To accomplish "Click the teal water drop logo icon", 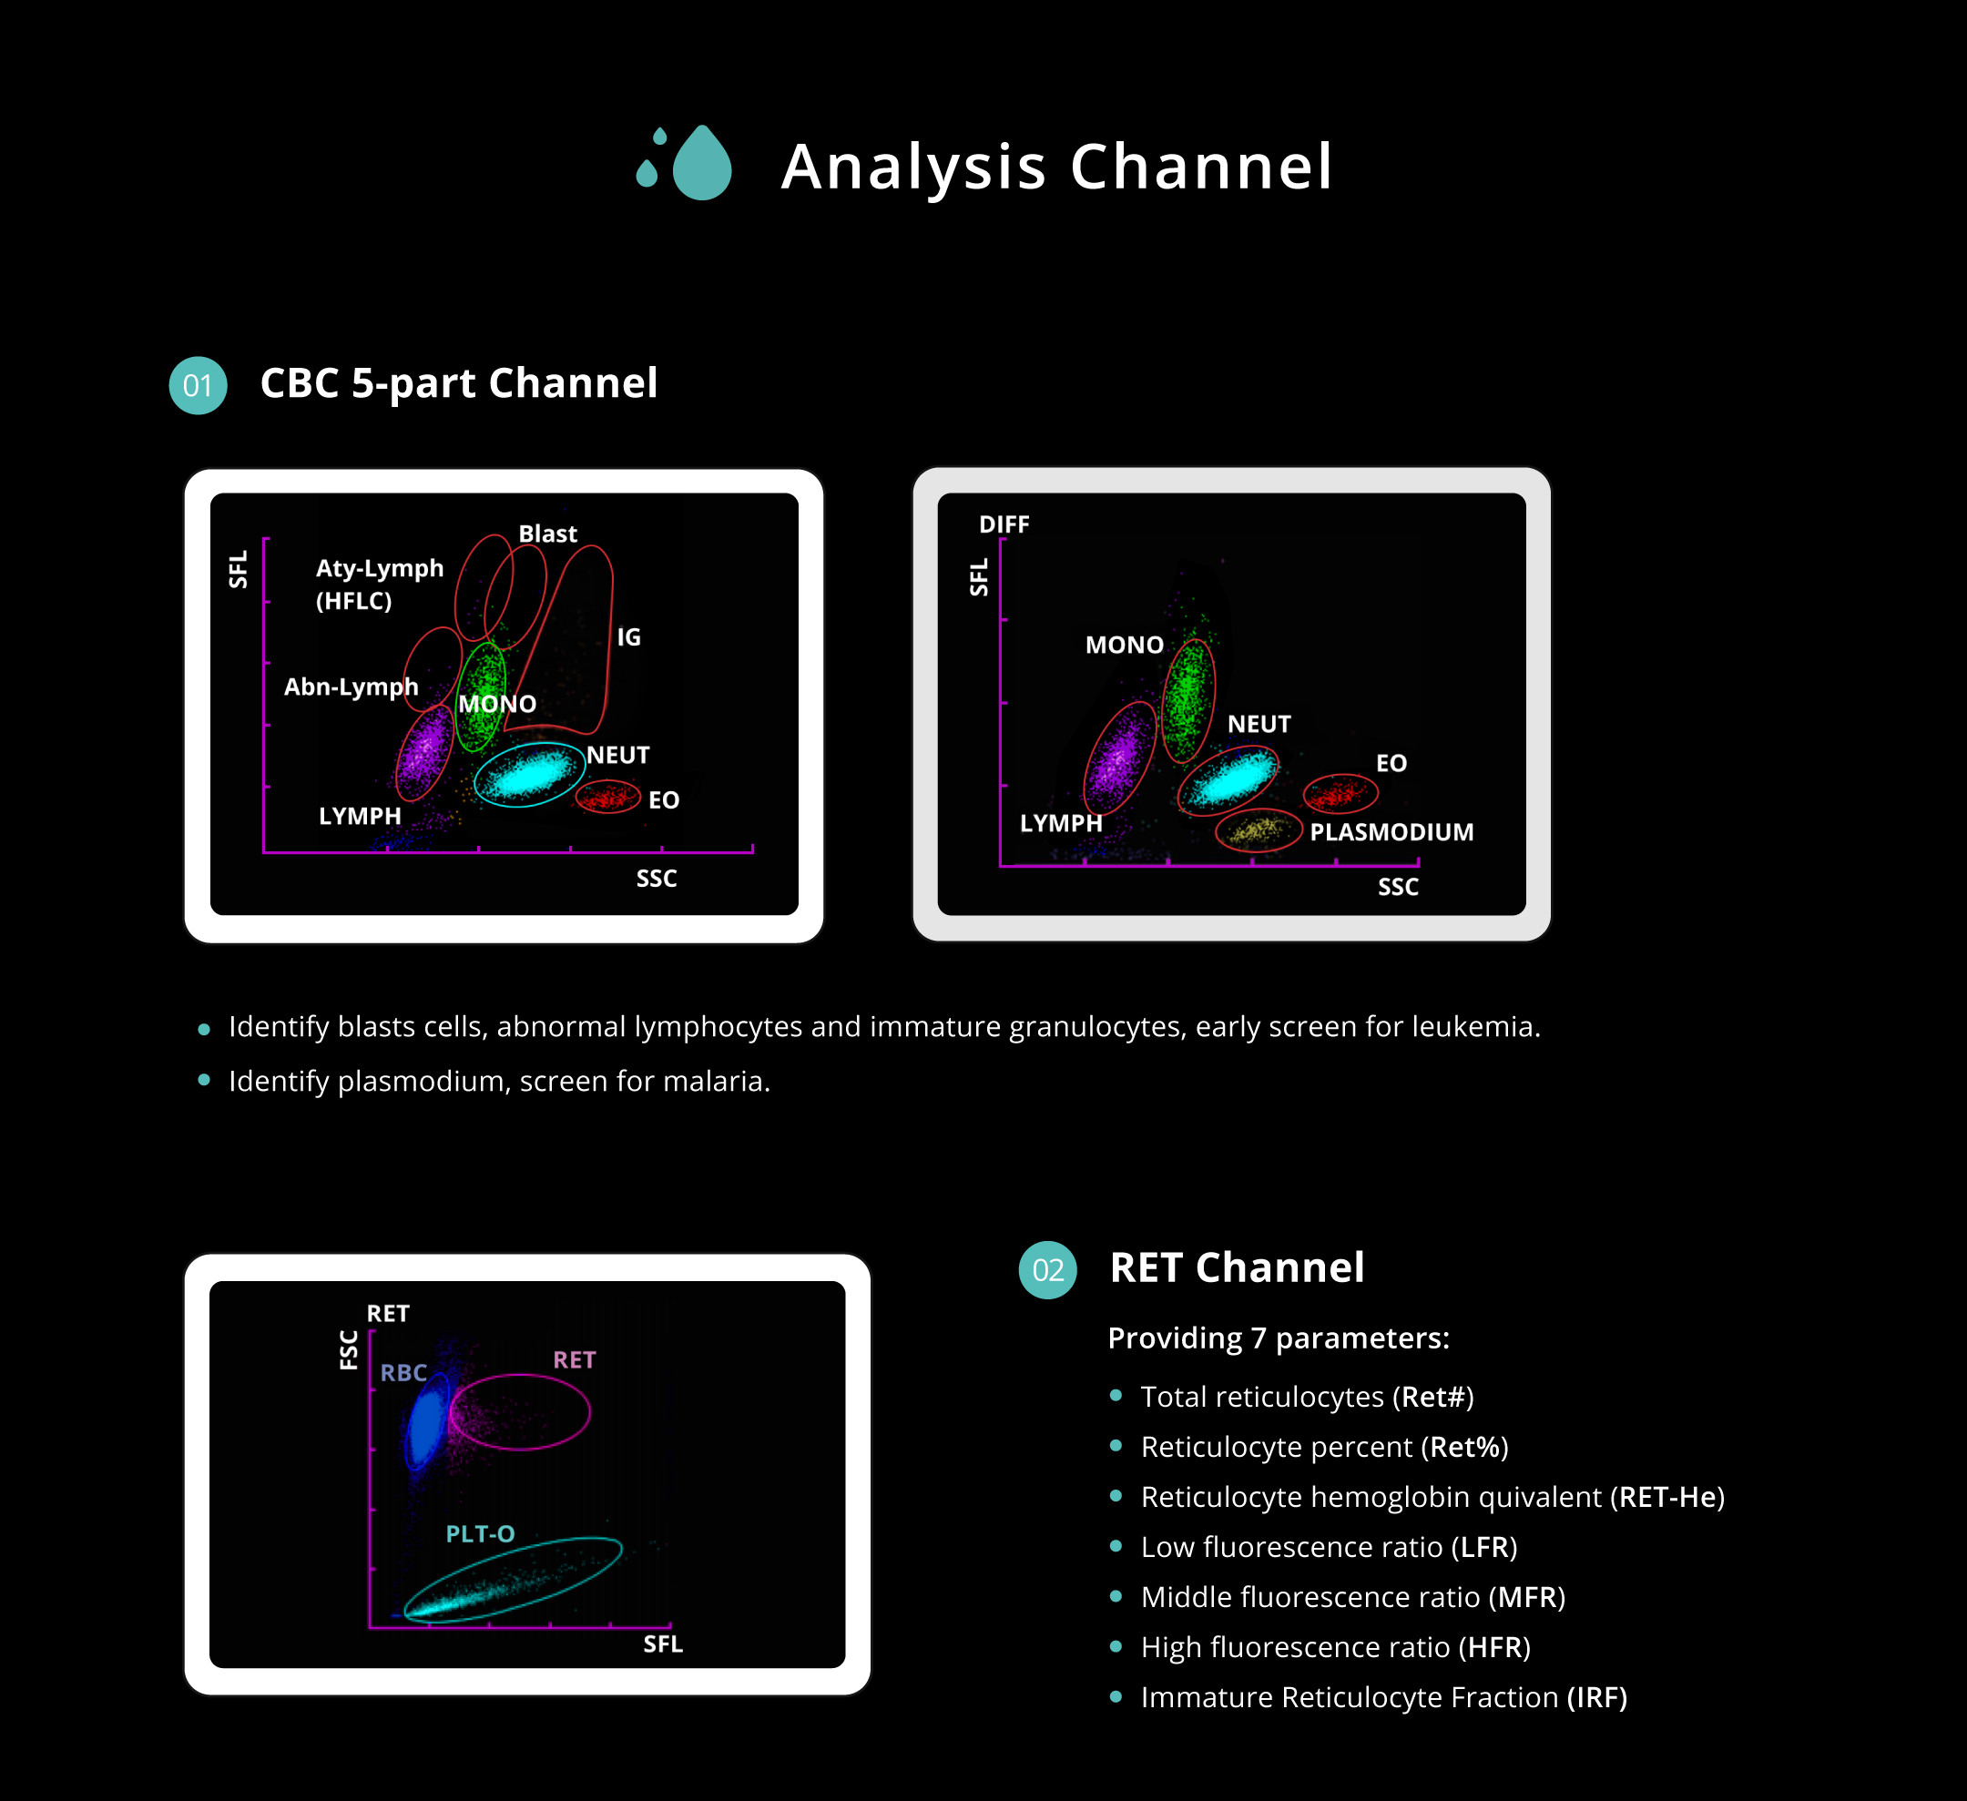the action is [x=684, y=162].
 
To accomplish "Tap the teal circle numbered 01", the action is [x=199, y=385].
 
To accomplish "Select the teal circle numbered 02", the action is [x=1048, y=1269].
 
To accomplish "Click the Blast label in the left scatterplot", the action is [x=547, y=534].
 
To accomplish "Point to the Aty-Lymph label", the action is [x=380, y=568].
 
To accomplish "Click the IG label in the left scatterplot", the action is [x=628, y=637].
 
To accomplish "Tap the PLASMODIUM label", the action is [x=1391, y=832].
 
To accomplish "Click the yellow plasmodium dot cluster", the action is [x=1257, y=830].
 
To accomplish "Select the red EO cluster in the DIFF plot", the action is [x=1340, y=793].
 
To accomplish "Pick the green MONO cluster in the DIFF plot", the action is [x=1188, y=697].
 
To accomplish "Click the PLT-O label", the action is [x=480, y=1533].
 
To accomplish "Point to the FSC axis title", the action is [x=348, y=1350].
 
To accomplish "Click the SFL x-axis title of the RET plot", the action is [x=663, y=1643].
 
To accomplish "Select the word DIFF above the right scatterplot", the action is [x=1004, y=524].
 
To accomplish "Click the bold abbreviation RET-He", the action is [x=1667, y=1497].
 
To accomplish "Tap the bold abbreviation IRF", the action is [x=1597, y=1696].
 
